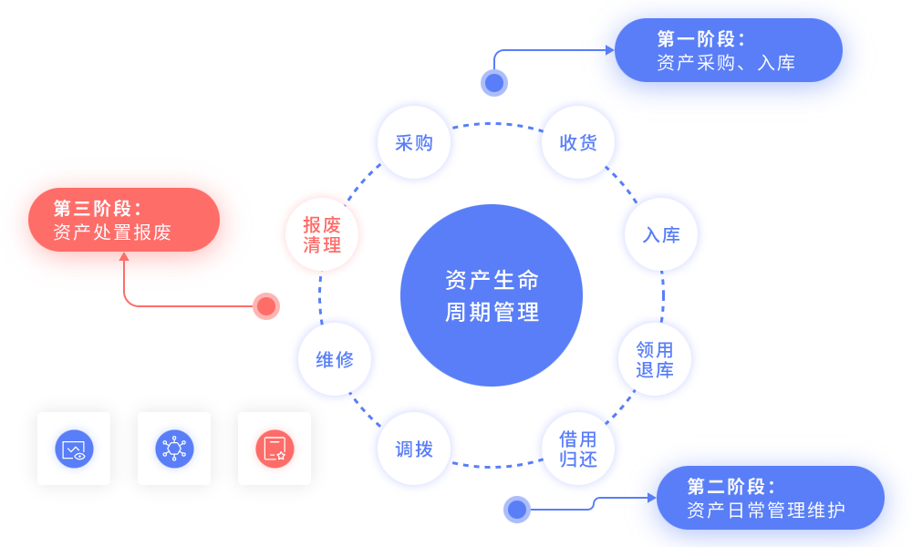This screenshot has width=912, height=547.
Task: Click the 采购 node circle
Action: coord(413,143)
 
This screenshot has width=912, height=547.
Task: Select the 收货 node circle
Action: coord(578,143)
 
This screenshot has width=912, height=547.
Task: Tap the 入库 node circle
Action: coord(661,234)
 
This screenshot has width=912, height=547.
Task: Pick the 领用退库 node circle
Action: coord(654,359)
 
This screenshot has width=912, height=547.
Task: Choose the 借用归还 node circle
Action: coord(578,449)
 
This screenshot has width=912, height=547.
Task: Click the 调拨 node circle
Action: coord(413,449)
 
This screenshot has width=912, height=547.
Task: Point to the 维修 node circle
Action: coord(335,359)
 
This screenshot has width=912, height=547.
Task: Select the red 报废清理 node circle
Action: coord(322,234)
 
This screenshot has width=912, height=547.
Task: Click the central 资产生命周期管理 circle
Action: coord(492,296)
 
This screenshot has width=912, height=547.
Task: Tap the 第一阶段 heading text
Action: coord(700,39)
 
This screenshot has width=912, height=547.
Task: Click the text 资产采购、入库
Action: coord(726,63)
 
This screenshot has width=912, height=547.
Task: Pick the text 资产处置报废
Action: coord(112,232)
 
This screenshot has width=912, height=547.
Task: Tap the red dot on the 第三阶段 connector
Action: coord(266,306)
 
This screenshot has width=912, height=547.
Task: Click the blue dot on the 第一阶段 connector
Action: coord(494,83)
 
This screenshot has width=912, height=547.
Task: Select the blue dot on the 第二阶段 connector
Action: coord(517,509)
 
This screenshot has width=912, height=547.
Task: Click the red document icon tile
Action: coord(275,449)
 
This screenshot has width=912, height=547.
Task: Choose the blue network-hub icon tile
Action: coord(174,449)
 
